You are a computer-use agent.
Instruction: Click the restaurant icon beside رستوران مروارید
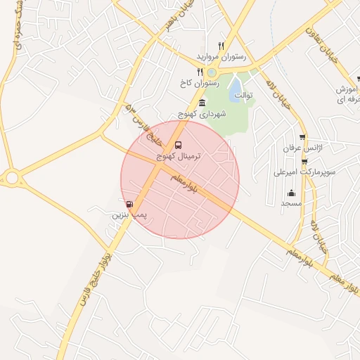pyautogui.click(x=221, y=46)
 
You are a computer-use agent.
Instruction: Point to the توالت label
pyautogui.click(x=243, y=95)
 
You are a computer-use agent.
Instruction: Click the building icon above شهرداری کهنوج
pyautogui.click(x=202, y=103)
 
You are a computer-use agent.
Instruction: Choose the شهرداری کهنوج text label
pyautogui.click(x=202, y=113)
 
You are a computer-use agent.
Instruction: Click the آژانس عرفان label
pyautogui.click(x=302, y=149)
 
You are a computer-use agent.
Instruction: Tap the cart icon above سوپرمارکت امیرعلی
pyautogui.click(x=304, y=161)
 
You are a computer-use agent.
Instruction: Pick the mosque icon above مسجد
pyautogui.click(x=291, y=193)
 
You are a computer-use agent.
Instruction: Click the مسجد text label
pyautogui.click(x=291, y=203)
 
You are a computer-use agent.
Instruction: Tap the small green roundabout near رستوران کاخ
pyautogui.click(x=212, y=72)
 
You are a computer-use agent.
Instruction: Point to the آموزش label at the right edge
pyautogui.click(x=349, y=90)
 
